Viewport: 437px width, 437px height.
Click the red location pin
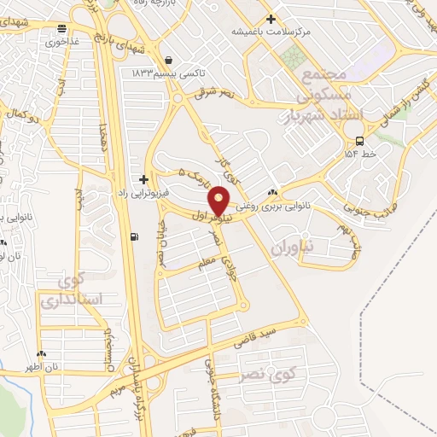pos(219,200)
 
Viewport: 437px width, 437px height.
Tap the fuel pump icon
pos(133,238)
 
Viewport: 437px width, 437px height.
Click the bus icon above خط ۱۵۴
pos(359,141)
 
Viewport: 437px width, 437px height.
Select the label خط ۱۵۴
pos(359,154)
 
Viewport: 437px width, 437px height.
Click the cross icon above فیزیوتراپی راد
pos(143,179)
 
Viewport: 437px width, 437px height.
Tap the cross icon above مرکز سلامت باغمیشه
pos(271,19)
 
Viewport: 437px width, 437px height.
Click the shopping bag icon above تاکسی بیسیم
pos(167,60)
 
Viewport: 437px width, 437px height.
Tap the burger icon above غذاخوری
pos(63,28)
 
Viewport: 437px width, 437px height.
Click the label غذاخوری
pos(62,41)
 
